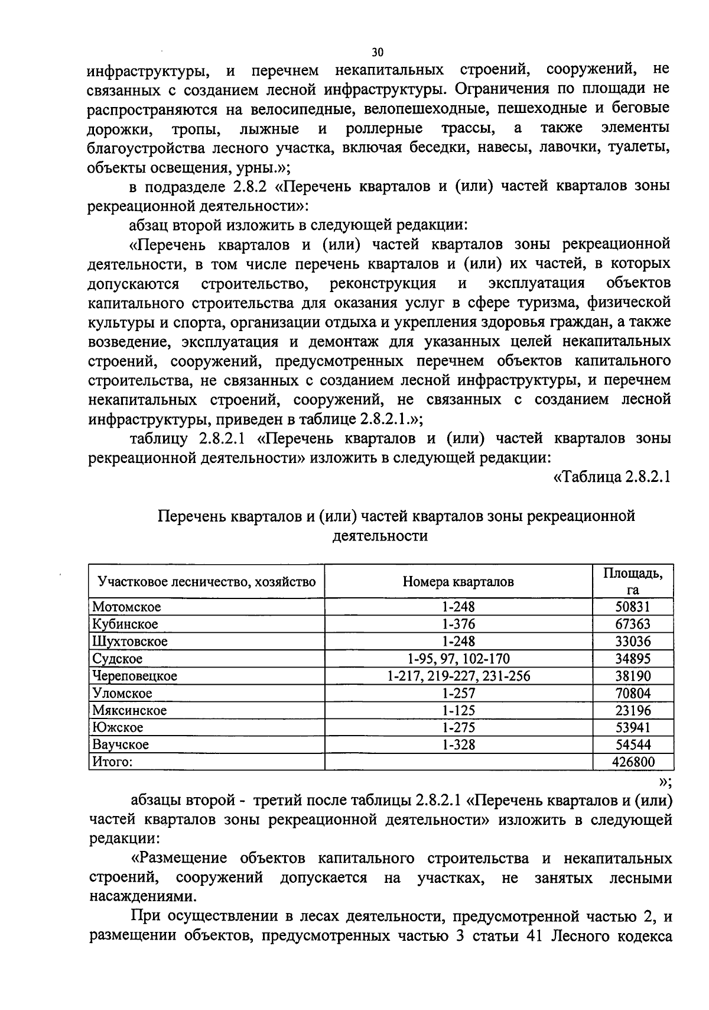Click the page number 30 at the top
378,51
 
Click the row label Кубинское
125,624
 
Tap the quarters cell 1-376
458,624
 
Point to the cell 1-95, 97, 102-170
458,658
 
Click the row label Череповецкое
135,675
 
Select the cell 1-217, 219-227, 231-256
458,675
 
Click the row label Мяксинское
129,710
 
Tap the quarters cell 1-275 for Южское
458,727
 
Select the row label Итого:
112,762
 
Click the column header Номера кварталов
458,582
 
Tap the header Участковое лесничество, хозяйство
207,582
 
